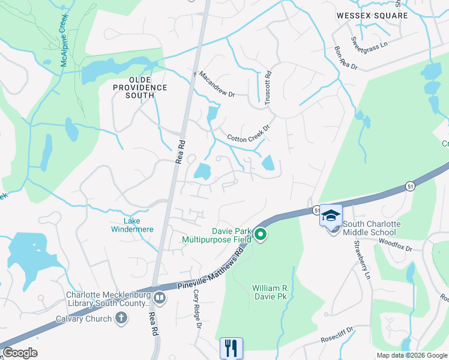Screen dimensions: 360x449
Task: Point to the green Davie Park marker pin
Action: [260, 235]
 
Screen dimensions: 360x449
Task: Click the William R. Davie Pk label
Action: [270, 292]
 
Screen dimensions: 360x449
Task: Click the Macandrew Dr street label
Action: [217, 84]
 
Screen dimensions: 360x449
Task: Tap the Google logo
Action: [20, 352]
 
